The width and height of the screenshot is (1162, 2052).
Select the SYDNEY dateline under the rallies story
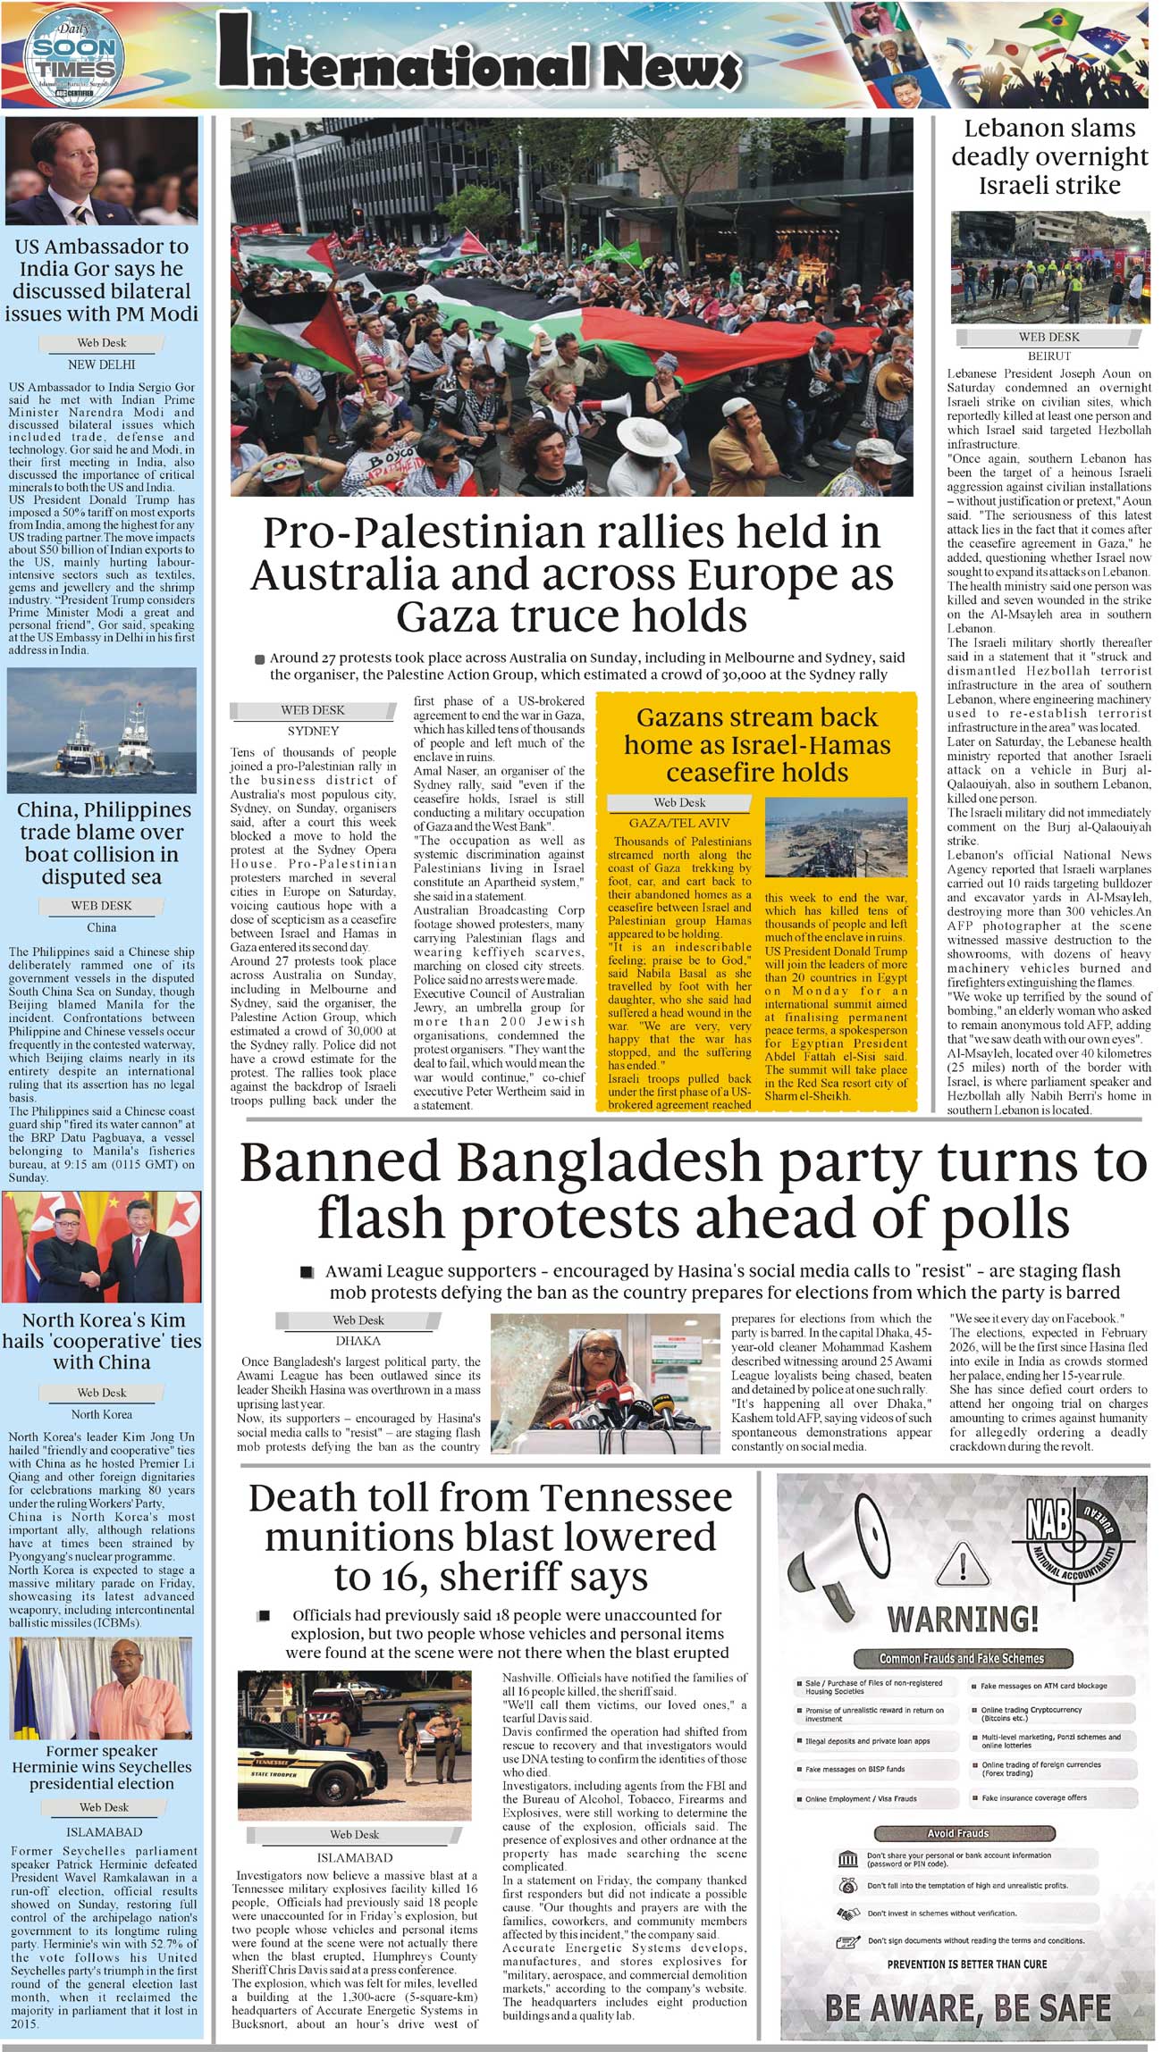pos(313,731)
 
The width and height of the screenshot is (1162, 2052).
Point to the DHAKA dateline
pos(358,1341)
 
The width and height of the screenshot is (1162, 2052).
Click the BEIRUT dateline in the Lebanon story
pos(1049,356)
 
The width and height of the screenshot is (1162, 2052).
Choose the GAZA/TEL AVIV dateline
pos(679,823)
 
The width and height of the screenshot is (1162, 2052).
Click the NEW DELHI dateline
pos(101,364)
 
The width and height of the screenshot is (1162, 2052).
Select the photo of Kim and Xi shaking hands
pos(101,1247)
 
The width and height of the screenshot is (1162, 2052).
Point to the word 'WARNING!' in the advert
pos(963,1620)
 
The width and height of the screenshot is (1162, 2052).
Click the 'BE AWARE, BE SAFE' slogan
pos(968,2007)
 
